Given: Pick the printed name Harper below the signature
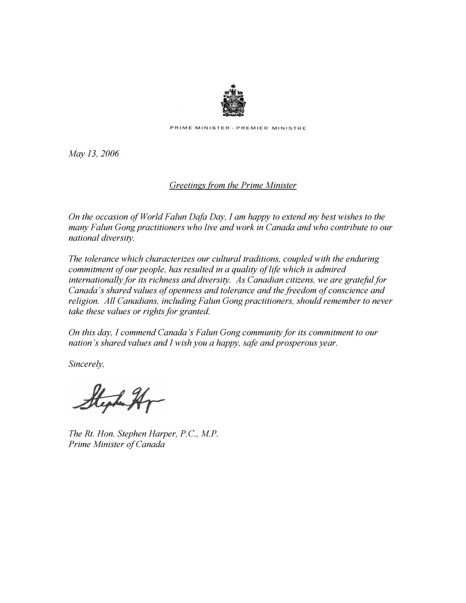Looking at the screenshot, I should click(x=170, y=434).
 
